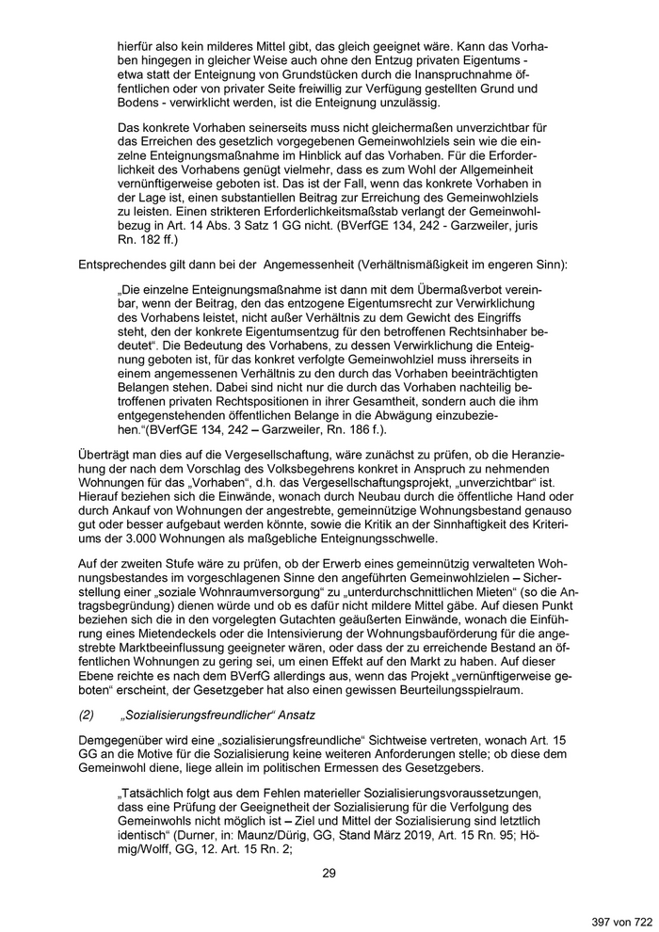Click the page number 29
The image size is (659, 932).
(x=329, y=873)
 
